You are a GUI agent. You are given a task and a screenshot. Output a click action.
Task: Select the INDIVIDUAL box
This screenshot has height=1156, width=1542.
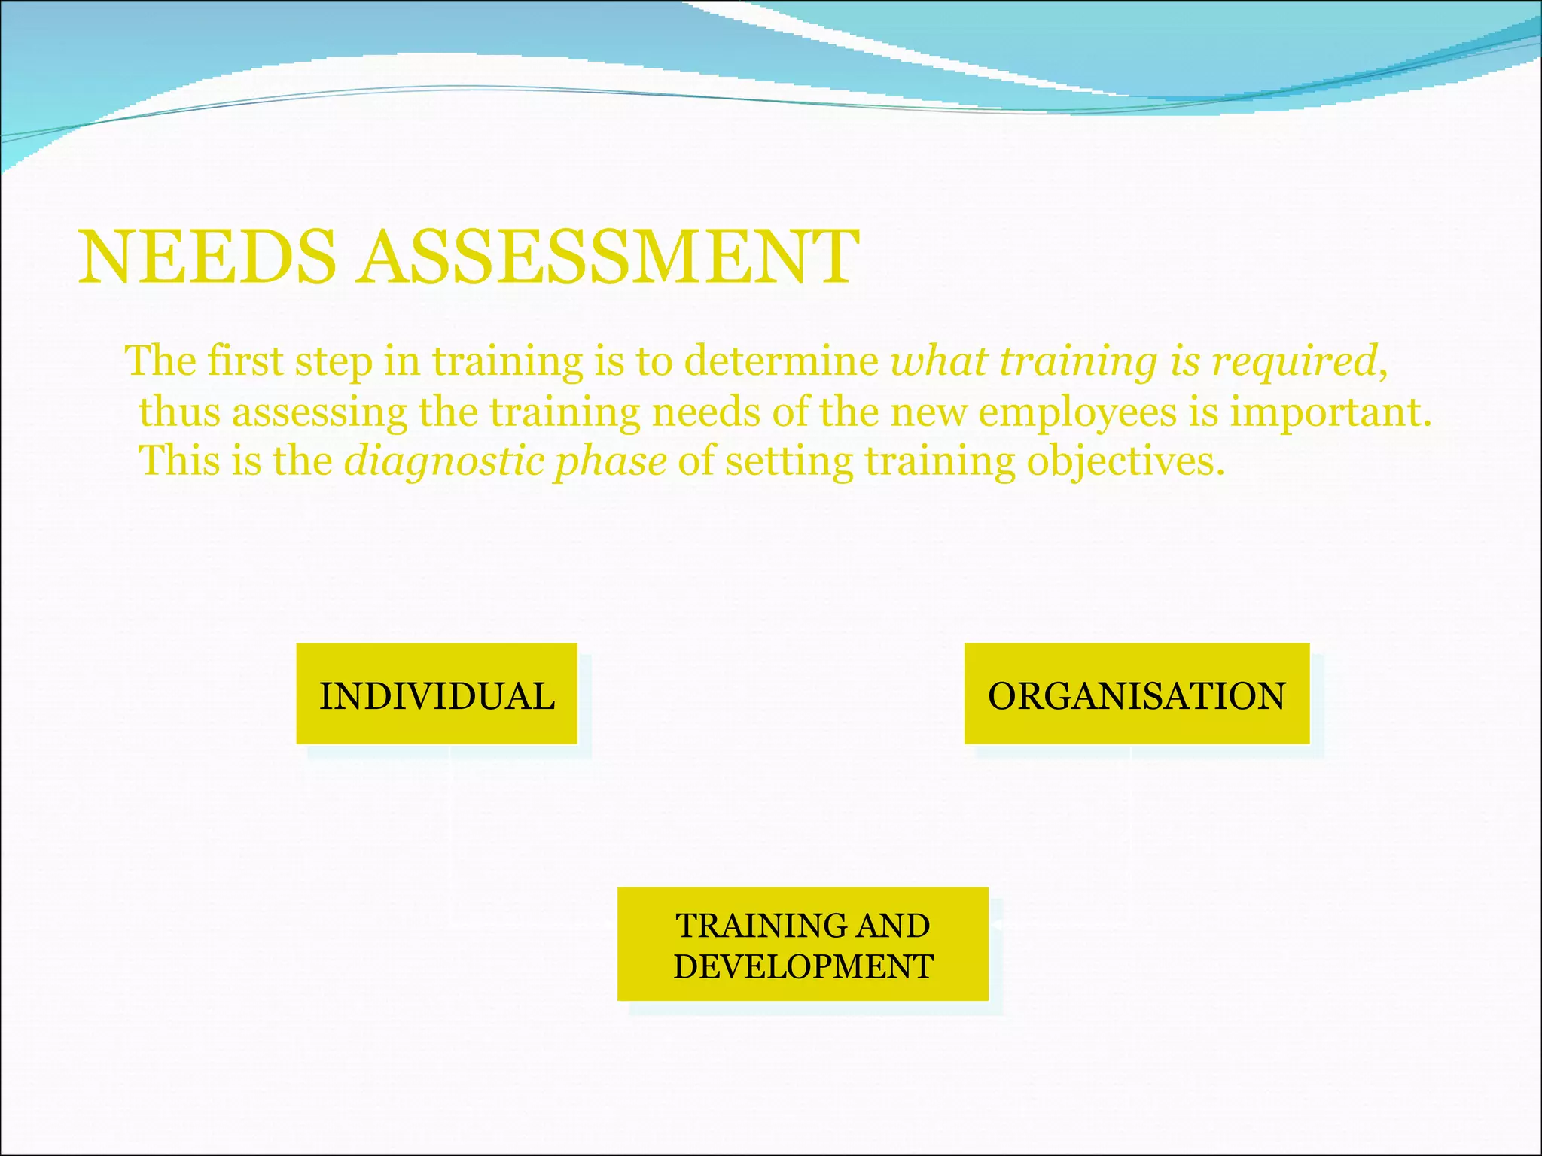click(x=437, y=694)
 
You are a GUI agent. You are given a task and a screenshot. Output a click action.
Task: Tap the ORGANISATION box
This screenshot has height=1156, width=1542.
click(x=1137, y=694)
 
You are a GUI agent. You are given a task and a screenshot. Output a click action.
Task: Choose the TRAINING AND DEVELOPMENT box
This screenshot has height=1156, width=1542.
click(x=803, y=945)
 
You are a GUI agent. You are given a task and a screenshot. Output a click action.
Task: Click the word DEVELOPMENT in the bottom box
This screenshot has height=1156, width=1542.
click(x=803, y=966)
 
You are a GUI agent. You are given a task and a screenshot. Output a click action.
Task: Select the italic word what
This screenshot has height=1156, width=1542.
click(x=938, y=361)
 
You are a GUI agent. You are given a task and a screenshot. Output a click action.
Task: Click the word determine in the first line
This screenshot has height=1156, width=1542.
click(x=781, y=361)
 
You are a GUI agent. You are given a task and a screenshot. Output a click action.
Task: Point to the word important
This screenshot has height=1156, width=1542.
click(x=1329, y=412)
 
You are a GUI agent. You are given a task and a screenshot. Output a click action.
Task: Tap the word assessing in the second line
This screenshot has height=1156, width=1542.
click(x=319, y=412)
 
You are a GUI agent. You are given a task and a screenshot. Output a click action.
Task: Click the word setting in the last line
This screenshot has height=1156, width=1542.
click(x=789, y=461)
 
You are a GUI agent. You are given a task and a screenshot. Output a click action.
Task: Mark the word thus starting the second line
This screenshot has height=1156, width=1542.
click(x=179, y=412)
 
